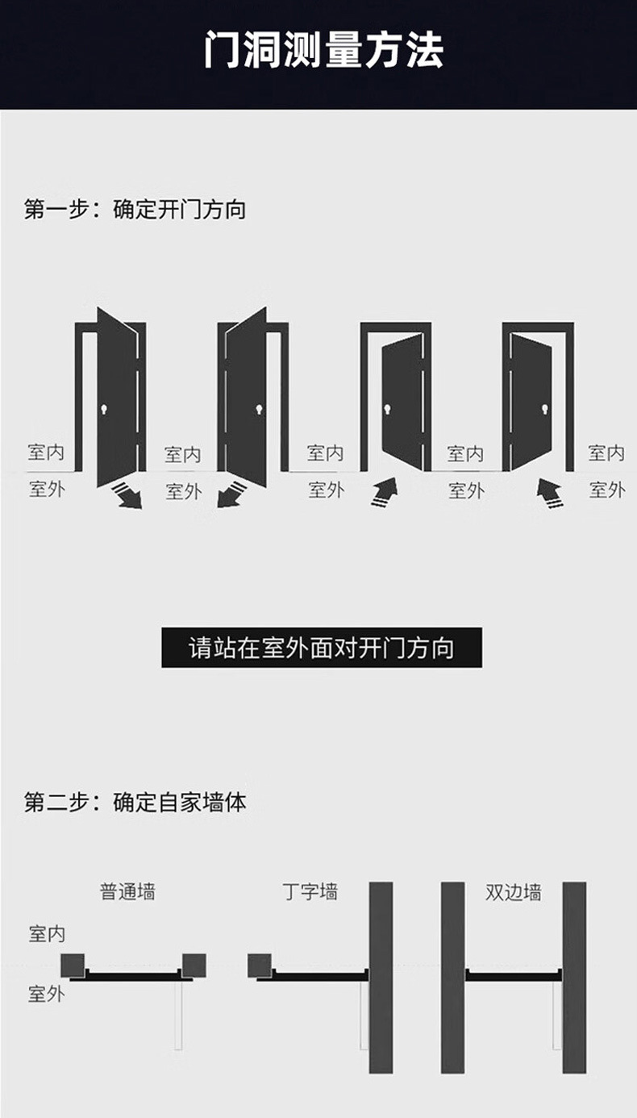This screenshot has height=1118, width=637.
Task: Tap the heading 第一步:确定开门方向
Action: (x=135, y=210)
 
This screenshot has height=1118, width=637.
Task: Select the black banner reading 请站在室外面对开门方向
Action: (x=322, y=648)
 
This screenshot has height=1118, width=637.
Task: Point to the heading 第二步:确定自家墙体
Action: (x=135, y=802)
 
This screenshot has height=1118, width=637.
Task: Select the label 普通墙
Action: (x=127, y=891)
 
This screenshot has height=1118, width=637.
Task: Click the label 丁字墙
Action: (x=310, y=891)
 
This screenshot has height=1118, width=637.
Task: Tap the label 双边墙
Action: (x=514, y=892)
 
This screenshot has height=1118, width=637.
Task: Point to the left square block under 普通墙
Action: (x=73, y=966)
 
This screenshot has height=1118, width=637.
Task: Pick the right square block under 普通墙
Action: (x=194, y=966)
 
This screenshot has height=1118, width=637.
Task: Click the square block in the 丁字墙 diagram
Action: (x=259, y=966)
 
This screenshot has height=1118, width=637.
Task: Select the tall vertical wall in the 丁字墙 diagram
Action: (x=381, y=977)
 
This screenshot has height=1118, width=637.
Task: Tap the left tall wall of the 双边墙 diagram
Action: (x=453, y=977)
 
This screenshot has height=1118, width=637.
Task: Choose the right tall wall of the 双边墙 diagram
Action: (x=574, y=977)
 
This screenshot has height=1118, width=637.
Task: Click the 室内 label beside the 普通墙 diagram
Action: (x=47, y=934)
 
